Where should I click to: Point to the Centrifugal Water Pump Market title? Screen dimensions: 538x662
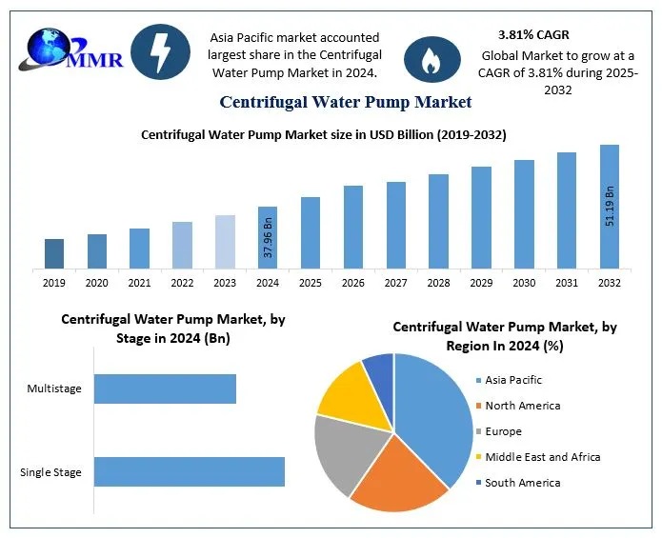pyautogui.click(x=346, y=101)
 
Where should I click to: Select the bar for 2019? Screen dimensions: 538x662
pyautogui.click(x=54, y=253)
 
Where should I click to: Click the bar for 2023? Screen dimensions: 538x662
pyautogui.click(x=225, y=242)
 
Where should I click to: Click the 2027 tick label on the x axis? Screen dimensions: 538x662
pyautogui.click(x=395, y=283)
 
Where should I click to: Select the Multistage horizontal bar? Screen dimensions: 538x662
pyautogui.click(x=165, y=389)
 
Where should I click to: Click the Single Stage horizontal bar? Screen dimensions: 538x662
pyautogui.click(x=190, y=471)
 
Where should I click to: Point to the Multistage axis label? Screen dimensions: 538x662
pyautogui.click(x=54, y=389)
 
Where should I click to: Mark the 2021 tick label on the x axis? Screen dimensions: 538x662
pyautogui.click(x=139, y=283)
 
